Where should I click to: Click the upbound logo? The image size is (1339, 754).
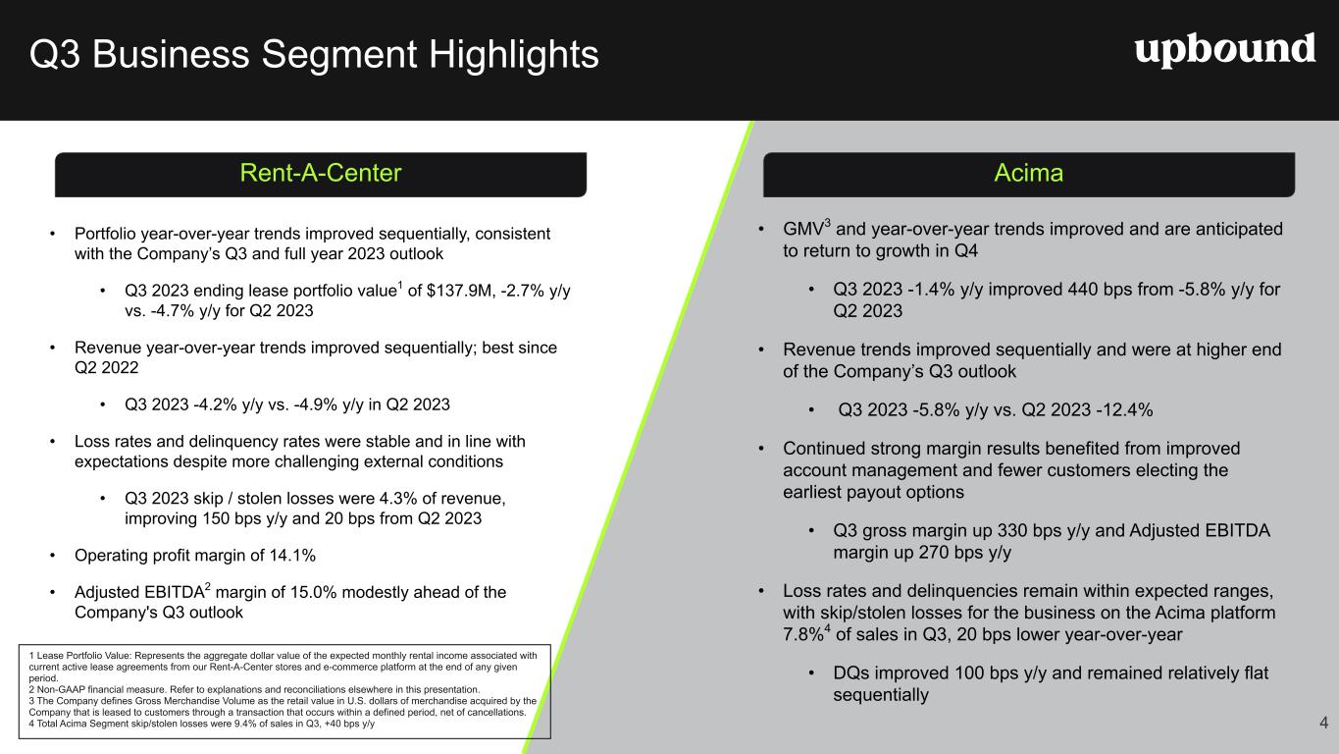coord(1225,50)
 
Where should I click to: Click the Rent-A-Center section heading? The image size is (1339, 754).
coord(321,173)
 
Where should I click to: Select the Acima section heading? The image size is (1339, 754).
coord(1029,173)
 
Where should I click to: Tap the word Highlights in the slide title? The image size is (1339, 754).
coord(513,54)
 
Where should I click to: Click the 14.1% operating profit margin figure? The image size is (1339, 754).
coord(292,556)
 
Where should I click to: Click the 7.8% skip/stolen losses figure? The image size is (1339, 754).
coord(803,635)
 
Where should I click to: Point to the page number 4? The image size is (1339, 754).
coord(1323,723)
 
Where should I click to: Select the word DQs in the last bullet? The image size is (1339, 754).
coord(851,673)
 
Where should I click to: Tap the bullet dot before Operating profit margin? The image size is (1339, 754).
coord(53,556)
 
